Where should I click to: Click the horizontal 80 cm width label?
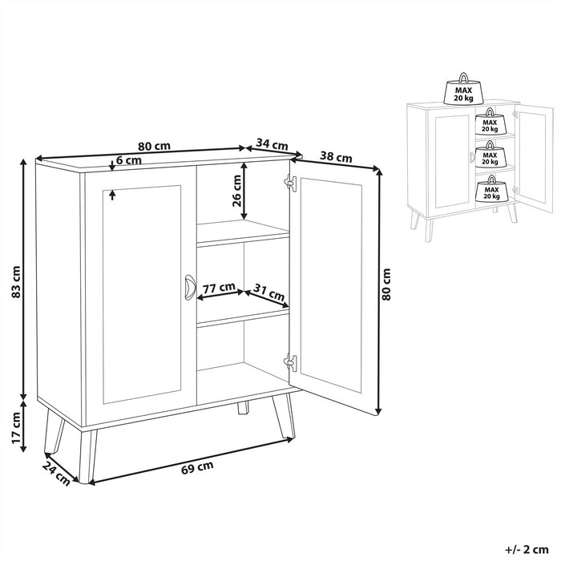153,147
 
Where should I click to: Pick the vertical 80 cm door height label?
387,285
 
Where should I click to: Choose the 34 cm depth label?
272,145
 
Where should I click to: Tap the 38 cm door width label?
336,157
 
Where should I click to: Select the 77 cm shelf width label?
218,287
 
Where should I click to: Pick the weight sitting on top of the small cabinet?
463,91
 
